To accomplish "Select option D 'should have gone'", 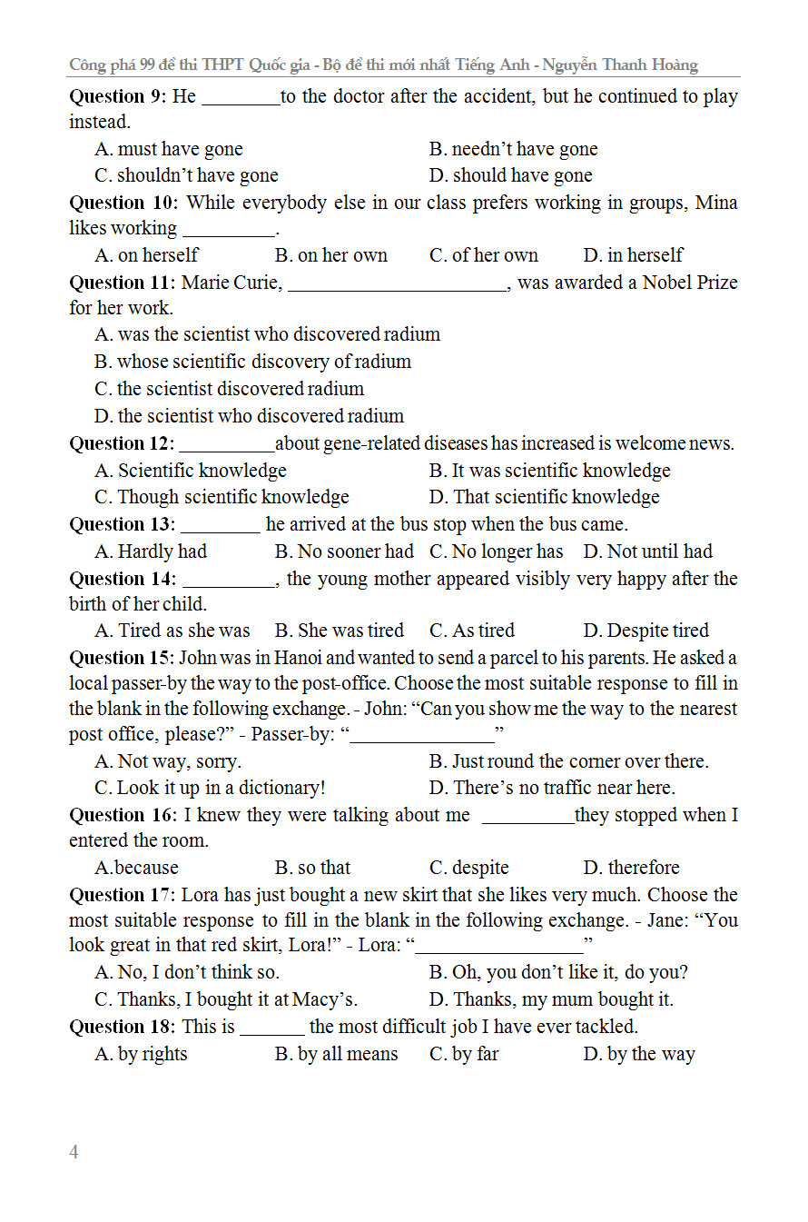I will point(510,175).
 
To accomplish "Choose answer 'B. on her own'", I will point(330,255).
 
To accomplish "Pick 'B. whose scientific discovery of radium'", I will point(252,362).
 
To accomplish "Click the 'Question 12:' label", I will point(122,443).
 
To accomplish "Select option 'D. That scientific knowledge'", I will point(544,497).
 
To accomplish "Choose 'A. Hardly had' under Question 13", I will point(151,551).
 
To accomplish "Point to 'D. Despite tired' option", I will point(645,631).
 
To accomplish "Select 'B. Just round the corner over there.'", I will point(568,761).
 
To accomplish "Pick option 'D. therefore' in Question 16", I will point(631,868).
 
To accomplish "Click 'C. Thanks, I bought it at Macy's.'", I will point(226,999).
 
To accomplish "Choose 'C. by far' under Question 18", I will point(464,1054).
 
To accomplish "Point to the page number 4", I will point(74,1152).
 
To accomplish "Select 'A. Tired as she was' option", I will point(172,631).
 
